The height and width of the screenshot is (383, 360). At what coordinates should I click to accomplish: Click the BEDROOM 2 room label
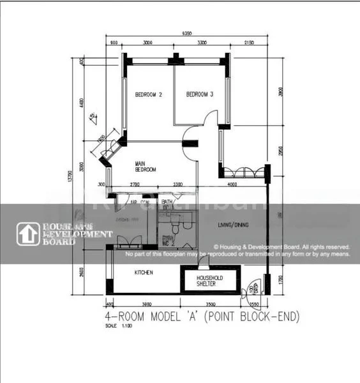pyautogui.click(x=148, y=94)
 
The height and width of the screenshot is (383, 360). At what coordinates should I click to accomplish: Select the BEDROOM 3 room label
pyautogui.click(x=199, y=94)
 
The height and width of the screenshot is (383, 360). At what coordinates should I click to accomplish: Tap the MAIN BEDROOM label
pyautogui.click(x=145, y=167)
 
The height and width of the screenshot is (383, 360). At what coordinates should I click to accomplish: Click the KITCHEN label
pyautogui.click(x=143, y=273)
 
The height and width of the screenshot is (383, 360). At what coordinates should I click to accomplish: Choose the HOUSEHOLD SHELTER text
pyautogui.click(x=208, y=281)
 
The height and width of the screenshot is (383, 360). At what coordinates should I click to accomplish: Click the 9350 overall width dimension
pyautogui.click(x=186, y=33)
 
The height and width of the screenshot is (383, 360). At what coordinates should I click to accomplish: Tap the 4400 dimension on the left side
pyautogui.click(x=81, y=102)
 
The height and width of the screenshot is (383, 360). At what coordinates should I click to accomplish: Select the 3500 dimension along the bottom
pyautogui.click(x=211, y=304)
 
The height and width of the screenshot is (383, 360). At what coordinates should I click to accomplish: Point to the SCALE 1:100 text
pyautogui.click(x=117, y=326)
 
